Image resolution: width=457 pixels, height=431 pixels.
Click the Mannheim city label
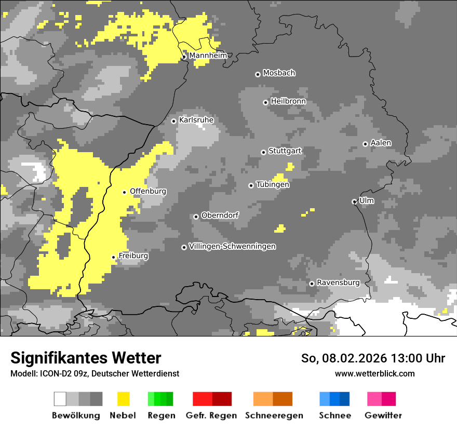[208, 56]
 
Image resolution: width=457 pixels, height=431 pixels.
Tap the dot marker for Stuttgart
[263, 152]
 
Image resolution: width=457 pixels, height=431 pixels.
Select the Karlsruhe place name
[196, 120]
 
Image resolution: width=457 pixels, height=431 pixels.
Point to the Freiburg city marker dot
[113, 257]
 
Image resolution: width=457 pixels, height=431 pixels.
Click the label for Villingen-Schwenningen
[232, 246]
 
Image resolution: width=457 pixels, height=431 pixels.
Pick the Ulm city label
[366, 200]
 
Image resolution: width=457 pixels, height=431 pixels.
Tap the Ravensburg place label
[338, 282]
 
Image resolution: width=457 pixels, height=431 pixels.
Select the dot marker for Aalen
[365, 144]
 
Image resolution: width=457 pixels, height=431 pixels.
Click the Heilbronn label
[288, 101]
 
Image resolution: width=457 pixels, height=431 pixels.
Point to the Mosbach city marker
[258, 74]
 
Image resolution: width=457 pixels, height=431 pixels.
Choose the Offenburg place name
[148, 191]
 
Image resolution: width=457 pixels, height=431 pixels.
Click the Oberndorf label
[220, 215]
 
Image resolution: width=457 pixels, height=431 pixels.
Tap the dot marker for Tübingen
[251, 185]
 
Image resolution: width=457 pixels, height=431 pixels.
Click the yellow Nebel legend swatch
[123, 399]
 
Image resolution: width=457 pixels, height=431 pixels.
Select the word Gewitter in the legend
[383, 415]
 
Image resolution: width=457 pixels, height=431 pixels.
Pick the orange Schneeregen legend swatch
[273, 399]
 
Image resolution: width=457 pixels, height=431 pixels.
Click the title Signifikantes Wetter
[86, 358]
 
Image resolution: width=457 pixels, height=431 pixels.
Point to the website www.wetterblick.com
[374, 373]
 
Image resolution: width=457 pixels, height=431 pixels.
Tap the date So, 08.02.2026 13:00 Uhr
[373, 358]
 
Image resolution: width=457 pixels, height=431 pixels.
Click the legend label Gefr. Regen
[211, 415]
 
